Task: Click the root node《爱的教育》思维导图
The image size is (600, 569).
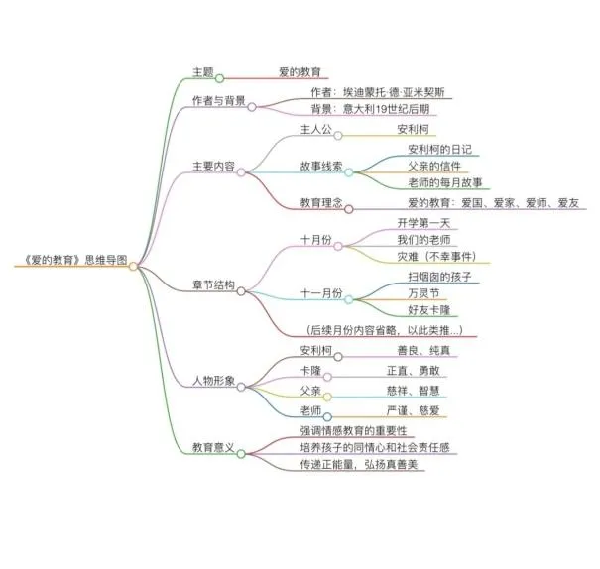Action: coord(72,261)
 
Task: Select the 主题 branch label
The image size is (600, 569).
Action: coord(203,72)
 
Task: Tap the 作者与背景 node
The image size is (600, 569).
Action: coord(219,101)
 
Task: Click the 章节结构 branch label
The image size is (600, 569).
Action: coord(213,285)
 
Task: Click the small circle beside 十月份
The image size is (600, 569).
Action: coord(348,241)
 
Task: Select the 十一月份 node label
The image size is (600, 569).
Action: coord(320,294)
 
